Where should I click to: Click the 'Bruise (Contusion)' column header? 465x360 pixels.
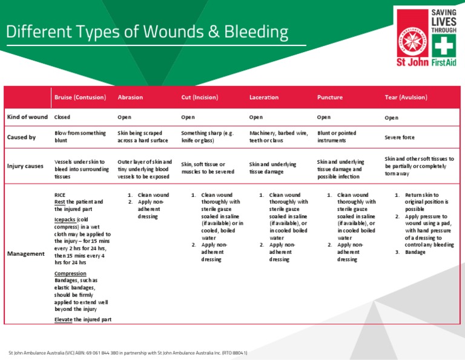pyautogui.click(x=80, y=97)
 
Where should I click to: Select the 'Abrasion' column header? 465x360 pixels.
pyautogui.click(x=130, y=97)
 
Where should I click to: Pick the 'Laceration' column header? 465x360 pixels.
pyautogui.click(x=264, y=97)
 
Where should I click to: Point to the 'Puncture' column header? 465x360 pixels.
pyautogui.click(x=330, y=97)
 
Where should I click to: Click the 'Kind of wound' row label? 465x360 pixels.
pyautogui.click(x=27, y=117)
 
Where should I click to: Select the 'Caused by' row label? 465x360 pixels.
pyautogui.click(x=21, y=137)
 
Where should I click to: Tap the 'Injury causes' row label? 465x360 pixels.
pyautogui.click(x=25, y=165)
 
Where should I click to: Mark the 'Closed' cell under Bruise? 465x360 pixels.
pyautogui.click(x=61, y=117)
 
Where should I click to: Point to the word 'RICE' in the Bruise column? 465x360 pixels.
pyautogui.click(x=59, y=195)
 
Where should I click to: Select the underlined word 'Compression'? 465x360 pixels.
pyautogui.click(x=70, y=273)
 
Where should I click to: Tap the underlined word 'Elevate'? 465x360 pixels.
pyautogui.click(x=63, y=319)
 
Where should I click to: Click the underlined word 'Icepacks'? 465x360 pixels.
pyautogui.click(x=65, y=219)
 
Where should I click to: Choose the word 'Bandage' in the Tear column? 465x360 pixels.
pyautogui.click(x=415, y=252)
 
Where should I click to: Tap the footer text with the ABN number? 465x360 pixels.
pyautogui.click(x=127, y=353)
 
